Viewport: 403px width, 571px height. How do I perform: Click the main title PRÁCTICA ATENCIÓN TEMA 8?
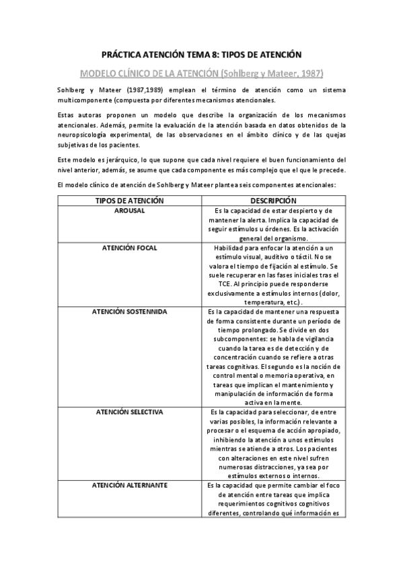tap(201, 53)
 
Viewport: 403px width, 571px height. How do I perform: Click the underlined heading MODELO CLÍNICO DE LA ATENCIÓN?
tap(201, 72)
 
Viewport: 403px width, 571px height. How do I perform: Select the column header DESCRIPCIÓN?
tap(273, 201)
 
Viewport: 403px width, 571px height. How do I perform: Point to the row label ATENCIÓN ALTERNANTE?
tap(131, 485)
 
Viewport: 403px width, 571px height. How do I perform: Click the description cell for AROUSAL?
tap(273, 224)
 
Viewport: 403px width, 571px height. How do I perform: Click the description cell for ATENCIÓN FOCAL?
tap(273, 275)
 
